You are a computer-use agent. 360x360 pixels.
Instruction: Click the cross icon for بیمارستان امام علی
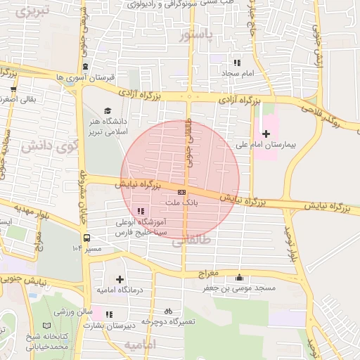point(266,134)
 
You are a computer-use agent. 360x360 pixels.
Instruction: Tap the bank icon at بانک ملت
point(182,191)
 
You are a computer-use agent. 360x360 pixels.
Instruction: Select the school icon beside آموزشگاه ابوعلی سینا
point(141,210)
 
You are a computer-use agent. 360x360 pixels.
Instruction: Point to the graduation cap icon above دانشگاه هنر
point(108,110)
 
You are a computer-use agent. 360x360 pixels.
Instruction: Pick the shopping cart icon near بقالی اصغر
point(13,89)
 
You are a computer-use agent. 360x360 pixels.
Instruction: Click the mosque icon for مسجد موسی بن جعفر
point(240,277)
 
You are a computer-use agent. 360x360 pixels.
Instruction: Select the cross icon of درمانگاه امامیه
point(120,279)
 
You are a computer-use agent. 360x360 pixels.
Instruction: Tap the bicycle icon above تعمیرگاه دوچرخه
point(168,310)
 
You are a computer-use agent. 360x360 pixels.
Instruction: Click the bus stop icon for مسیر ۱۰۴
point(86,238)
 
